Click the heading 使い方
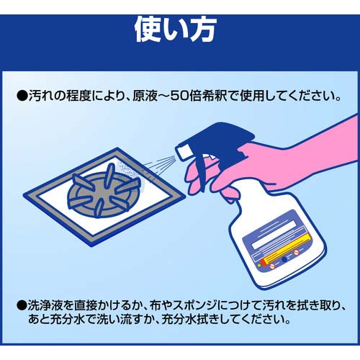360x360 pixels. pos(176,30)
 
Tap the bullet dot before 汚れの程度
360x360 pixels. pos(22,96)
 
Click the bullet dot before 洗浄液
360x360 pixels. pos(22,305)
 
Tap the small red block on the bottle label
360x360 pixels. pos(264,262)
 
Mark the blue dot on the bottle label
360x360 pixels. pos(284,259)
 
